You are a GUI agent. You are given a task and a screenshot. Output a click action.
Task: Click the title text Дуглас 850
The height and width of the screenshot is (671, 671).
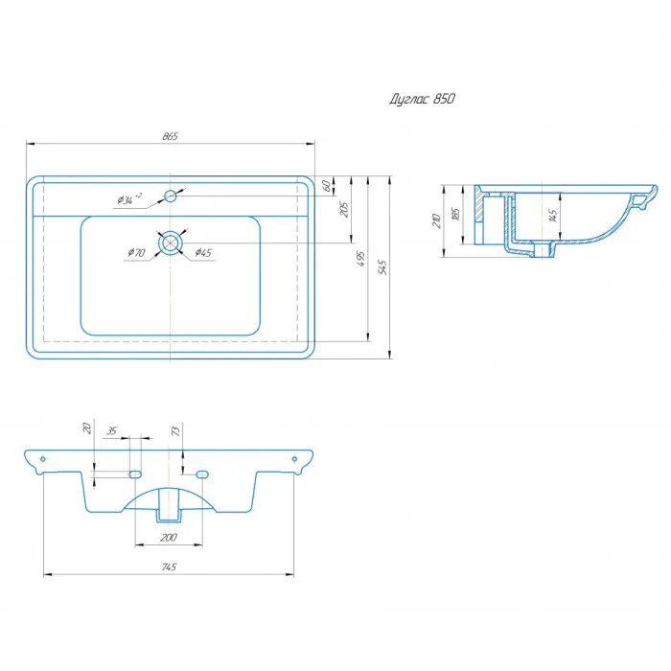coord(422,100)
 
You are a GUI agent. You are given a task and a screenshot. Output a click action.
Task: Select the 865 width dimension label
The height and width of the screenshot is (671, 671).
coord(170,136)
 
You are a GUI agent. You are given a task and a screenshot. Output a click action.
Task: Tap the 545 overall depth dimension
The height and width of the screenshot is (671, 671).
coord(382,267)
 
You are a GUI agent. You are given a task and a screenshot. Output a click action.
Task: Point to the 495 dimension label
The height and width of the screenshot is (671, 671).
coord(361,259)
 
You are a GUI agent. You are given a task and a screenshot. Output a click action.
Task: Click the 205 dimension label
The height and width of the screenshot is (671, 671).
coord(344,209)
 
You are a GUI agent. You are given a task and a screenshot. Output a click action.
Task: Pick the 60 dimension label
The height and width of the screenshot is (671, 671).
coord(326,186)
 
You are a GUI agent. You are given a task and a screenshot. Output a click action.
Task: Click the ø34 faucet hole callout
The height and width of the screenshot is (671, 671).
coord(129,198)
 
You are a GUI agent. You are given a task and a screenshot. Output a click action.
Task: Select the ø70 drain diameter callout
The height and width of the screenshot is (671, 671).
coord(136,252)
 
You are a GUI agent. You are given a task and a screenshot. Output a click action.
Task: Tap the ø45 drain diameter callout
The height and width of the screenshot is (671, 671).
coord(203,252)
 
